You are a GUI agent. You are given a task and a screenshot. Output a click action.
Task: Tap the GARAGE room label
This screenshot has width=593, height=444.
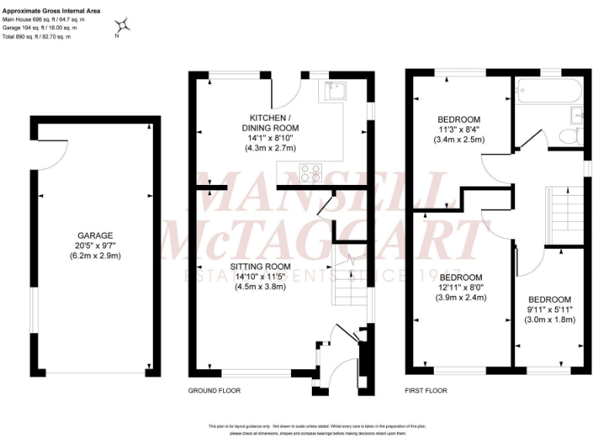tap(95, 236)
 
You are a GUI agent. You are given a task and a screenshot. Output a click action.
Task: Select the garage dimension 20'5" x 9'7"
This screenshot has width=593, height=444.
tap(95, 246)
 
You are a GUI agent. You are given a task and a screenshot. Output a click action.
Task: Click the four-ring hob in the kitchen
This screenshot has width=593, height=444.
tap(310, 173)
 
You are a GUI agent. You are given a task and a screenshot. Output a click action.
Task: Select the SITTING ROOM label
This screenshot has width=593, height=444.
tap(260, 267)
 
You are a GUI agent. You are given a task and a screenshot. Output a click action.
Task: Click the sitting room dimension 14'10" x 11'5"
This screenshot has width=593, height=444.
tap(260, 277)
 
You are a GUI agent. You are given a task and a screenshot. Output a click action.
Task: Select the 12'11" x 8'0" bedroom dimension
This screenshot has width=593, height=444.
tap(461, 288)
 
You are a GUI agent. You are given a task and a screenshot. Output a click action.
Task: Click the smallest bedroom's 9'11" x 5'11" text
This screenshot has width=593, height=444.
tap(549, 310)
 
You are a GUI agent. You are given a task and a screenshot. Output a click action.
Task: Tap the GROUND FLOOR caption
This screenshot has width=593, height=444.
tap(215, 391)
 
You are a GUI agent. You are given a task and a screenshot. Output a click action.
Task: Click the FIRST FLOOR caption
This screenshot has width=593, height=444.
tap(426, 391)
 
